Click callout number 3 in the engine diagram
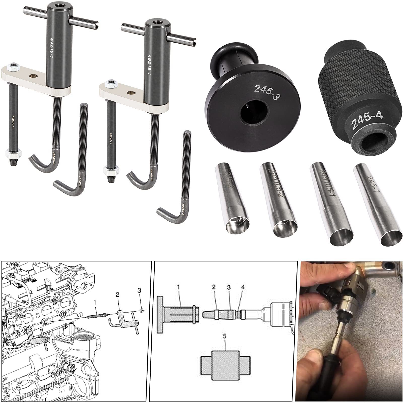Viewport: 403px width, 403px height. (139, 291)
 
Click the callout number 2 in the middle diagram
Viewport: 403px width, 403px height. (214, 287)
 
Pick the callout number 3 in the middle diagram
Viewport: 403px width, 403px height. (229, 287)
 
